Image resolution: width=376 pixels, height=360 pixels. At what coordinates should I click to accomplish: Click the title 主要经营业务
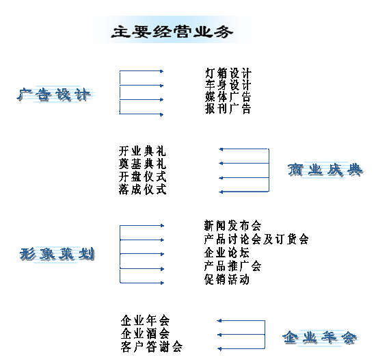point(172,31)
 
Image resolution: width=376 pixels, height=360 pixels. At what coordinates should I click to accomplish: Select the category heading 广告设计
point(54,94)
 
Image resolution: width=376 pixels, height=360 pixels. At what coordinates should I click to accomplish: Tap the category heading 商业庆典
point(325,170)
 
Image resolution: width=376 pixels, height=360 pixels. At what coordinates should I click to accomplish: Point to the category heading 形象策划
point(57,254)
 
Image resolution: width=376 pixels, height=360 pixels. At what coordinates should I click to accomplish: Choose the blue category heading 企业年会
point(319,337)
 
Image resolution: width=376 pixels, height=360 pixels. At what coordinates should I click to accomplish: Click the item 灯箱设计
point(228,73)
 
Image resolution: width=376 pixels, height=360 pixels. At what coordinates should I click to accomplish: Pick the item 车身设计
point(228,85)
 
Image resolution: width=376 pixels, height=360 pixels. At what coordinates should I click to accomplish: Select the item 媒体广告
point(228,97)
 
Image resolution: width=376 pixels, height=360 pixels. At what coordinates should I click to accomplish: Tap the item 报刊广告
point(228,109)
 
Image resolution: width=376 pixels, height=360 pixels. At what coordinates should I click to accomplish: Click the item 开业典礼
point(142,151)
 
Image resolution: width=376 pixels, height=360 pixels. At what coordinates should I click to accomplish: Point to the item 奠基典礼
point(142,164)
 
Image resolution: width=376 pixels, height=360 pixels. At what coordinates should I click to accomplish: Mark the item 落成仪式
point(142,190)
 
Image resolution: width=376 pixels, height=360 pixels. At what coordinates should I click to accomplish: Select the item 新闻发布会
point(232,226)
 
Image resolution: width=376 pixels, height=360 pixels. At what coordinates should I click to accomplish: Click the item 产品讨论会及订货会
point(256,239)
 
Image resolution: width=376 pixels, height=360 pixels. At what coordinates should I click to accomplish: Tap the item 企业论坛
point(226,253)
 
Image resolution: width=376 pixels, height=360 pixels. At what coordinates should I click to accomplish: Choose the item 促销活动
point(226,279)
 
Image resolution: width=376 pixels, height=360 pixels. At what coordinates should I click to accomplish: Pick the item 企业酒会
point(145,333)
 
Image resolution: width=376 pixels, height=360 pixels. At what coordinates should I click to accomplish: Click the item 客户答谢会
point(152,347)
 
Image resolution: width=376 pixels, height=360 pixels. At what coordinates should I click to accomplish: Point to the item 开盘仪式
point(142,177)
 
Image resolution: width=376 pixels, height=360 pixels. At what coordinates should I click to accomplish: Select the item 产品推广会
point(232,266)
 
